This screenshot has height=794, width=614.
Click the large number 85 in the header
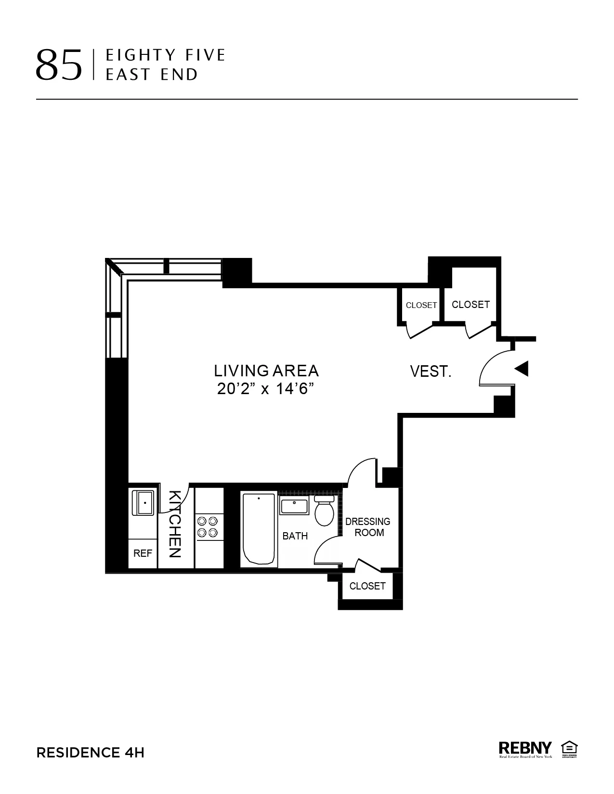point(59,65)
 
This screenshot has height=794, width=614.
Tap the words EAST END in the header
point(152,75)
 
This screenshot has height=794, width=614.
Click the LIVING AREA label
point(266,371)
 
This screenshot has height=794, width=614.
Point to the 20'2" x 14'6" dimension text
point(269,389)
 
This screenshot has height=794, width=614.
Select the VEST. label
point(431,371)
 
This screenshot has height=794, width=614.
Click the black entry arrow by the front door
point(522,369)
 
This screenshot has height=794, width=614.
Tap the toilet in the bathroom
point(325,512)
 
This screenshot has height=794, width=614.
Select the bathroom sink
point(294,507)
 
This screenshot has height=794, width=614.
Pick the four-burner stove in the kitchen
point(208,526)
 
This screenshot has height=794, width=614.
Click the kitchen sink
point(143,503)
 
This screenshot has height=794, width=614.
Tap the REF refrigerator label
point(143,553)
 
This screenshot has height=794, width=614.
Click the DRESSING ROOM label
point(368,527)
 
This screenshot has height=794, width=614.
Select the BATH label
point(295,536)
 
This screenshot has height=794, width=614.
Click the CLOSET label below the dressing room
point(367,586)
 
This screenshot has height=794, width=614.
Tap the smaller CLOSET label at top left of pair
point(421,305)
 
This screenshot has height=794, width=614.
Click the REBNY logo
point(525,749)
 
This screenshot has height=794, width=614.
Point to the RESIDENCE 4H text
point(91,753)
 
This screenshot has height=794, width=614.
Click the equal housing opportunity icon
point(569,749)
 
